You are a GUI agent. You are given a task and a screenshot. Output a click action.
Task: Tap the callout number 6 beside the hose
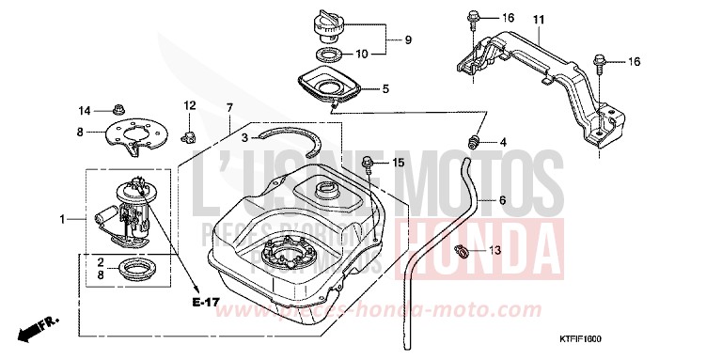point(502,200)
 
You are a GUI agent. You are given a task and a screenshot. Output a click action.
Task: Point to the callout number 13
point(494,251)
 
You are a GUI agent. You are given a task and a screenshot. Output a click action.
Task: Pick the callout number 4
point(503,142)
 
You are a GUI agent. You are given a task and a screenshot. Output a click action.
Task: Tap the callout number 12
point(189,104)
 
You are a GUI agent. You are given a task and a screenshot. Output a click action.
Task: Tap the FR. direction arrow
point(38,329)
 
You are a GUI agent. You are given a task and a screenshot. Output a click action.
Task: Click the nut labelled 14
point(119,109)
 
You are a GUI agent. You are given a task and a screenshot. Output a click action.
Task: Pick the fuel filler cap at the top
point(327,24)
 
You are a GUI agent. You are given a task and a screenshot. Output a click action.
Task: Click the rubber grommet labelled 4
point(473,142)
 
